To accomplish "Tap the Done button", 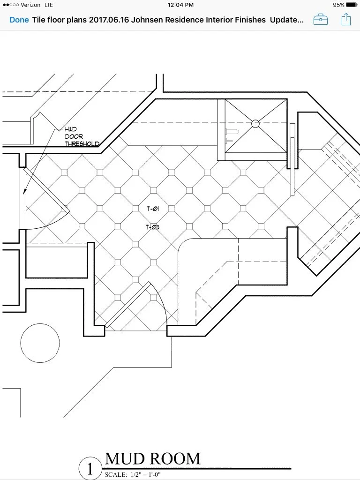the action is click(x=19, y=20).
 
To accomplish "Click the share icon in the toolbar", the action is click(x=346, y=20).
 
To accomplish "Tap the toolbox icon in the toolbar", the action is click(x=321, y=20).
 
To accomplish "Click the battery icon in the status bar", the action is click(x=352, y=5).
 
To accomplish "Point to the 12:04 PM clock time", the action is click(x=180, y=5).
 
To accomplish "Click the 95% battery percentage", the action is click(x=338, y=5).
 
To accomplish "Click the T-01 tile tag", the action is click(x=152, y=209).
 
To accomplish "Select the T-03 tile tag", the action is click(x=152, y=227).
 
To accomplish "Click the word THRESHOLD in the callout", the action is click(x=82, y=144).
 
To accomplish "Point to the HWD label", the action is click(x=71, y=129).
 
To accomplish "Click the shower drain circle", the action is click(x=255, y=124).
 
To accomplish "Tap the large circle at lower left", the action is click(x=40, y=343).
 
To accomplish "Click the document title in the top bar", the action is click(x=168, y=20).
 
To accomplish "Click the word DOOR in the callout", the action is click(x=74, y=136).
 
